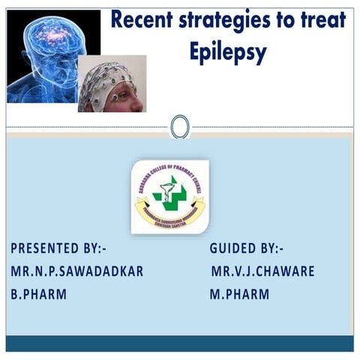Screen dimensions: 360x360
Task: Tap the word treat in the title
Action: [323, 20]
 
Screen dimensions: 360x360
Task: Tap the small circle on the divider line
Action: [180, 127]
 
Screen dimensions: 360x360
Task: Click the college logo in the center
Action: [169, 197]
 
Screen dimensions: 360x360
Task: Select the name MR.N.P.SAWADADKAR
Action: [77, 271]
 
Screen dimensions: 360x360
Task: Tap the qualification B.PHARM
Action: [38, 294]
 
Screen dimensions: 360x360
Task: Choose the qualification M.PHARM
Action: [239, 294]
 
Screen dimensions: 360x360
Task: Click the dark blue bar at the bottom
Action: [180, 343]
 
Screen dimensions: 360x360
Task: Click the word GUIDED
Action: [235, 248]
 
